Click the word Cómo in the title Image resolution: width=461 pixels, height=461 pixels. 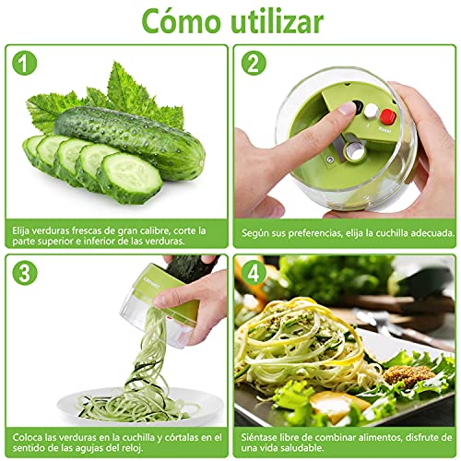(182, 21)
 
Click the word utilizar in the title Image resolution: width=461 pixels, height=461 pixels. (277, 21)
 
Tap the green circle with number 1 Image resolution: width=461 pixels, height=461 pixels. (25, 63)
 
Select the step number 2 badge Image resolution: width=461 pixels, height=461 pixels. (254, 63)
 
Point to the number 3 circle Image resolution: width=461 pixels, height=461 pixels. (25, 273)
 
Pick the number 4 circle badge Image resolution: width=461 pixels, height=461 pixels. (254, 273)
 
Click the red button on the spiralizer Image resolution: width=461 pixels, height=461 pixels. (388, 116)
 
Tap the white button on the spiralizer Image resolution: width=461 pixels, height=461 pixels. (372, 111)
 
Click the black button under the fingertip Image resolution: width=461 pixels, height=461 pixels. (358, 106)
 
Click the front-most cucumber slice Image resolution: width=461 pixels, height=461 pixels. (130, 178)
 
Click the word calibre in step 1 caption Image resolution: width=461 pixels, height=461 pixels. (152, 230)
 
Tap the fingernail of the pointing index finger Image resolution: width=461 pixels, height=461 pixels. (348, 108)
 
